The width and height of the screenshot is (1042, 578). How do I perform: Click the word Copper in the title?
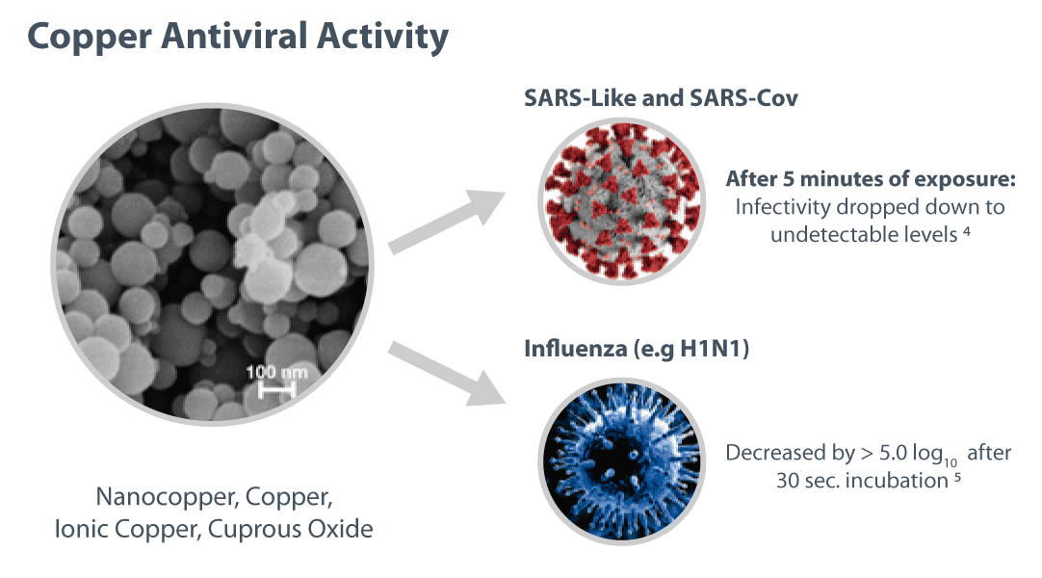coord(89,37)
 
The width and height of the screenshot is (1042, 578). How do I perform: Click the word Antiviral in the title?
coord(234,36)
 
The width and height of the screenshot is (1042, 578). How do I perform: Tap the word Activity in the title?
coord(382,37)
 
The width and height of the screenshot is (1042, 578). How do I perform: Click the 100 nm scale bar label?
coord(277,372)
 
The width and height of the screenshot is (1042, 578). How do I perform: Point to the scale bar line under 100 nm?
coord(276,390)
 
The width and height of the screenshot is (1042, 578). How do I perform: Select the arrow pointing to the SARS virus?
coord(447,222)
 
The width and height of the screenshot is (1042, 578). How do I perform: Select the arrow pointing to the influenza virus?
coord(447,374)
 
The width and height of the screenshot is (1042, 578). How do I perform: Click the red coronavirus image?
coord(622,201)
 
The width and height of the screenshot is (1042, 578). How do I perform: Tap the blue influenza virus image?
coord(622,461)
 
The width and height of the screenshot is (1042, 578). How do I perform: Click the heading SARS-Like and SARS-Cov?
coord(661,98)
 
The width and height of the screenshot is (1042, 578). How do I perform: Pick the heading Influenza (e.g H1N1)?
coord(637,349)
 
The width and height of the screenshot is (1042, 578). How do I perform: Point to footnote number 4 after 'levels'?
coord(967,230)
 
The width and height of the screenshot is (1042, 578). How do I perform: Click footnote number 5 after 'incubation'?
coord(957,476)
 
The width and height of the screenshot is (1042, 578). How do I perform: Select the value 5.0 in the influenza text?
coord(893,453)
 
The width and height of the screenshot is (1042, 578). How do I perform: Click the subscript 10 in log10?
coord(951,462)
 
